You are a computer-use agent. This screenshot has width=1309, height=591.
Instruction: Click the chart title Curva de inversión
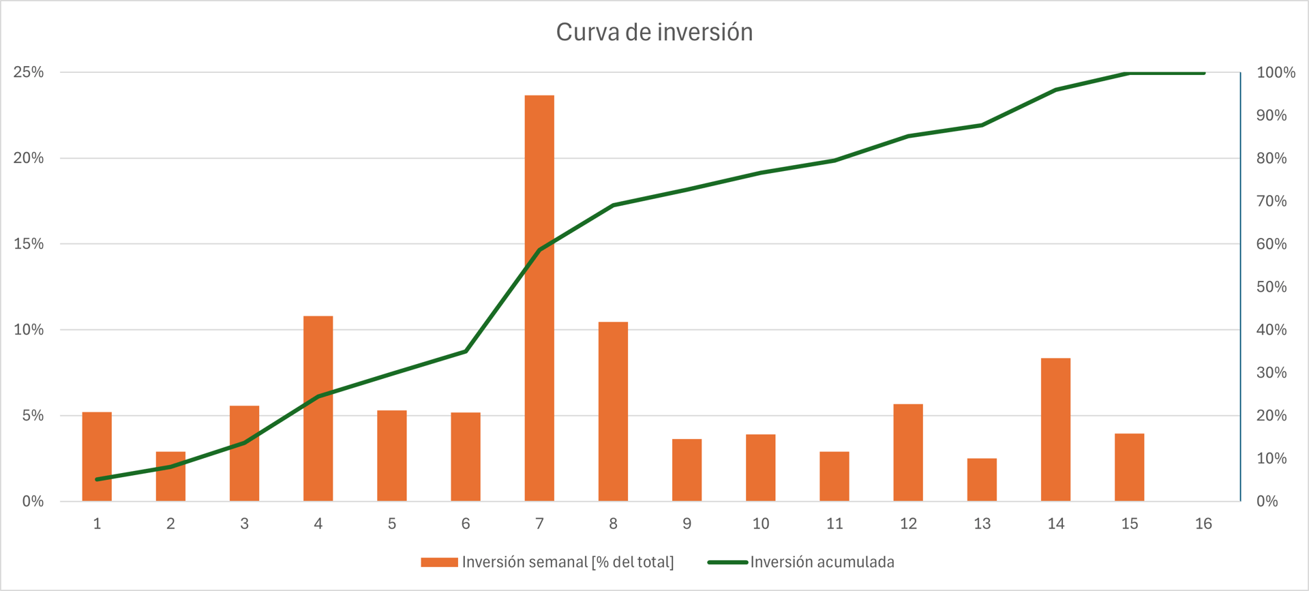[x=654, y=32]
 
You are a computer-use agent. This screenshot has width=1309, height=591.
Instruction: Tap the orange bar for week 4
[x=318, y=408]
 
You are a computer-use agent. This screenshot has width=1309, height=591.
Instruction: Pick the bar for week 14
[x=1055, y=429]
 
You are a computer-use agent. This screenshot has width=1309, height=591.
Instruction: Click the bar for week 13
[x=982, y=480]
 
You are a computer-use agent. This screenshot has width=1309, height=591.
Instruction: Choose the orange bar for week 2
[x=170, y=476]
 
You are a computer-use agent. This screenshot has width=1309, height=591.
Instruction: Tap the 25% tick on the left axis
[x=29, y=72]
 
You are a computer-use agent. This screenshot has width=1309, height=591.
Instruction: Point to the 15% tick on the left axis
[x=29, y=244]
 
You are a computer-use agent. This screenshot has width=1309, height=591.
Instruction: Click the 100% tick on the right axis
[x=1276, y=72]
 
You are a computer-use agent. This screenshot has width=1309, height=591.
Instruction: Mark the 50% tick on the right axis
[x=1272, y=287]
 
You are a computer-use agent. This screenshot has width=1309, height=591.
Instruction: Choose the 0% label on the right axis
[x=1267, y=502]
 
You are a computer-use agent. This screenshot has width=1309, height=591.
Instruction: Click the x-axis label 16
[x=1203, y=524]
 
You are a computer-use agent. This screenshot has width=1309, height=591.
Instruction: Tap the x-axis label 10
[x=761, y=524]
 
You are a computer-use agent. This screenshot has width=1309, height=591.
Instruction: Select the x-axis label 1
[x=97, y=524]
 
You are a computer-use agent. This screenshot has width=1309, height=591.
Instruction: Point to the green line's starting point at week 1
[x=97, y=479]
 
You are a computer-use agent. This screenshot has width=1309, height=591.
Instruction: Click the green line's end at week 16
[x=1204, y=73]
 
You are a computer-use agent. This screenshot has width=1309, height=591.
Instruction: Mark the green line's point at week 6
[x=466, y=351]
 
